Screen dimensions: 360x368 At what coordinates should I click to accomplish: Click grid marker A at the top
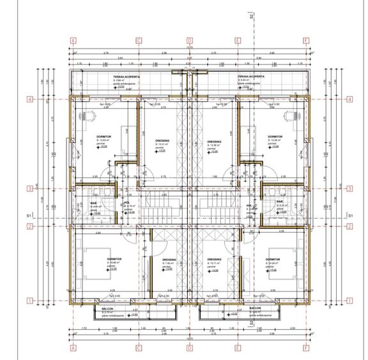tap(74, 40)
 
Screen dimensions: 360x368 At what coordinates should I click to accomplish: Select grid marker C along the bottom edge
tap(139, 348)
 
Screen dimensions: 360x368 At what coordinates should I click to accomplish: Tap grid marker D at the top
tap(189, 40)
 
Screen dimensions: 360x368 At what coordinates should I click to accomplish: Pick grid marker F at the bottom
tap(307, 348)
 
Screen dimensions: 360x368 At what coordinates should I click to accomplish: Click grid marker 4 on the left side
tap(29, 99)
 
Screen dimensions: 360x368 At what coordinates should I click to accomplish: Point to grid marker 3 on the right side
tap(349, 189)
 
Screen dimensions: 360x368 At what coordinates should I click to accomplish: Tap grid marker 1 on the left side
tap(29, 300)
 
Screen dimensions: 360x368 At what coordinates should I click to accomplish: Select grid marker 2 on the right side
tap(349, 226)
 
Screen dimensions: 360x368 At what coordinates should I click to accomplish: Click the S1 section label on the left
tap(28, 217)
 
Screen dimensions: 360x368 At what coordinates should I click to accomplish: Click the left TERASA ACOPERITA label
tap(109, 75)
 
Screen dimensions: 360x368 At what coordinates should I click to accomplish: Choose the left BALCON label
tap(108, 308)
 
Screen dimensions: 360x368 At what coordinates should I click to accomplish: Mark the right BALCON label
tap(254, 308)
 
